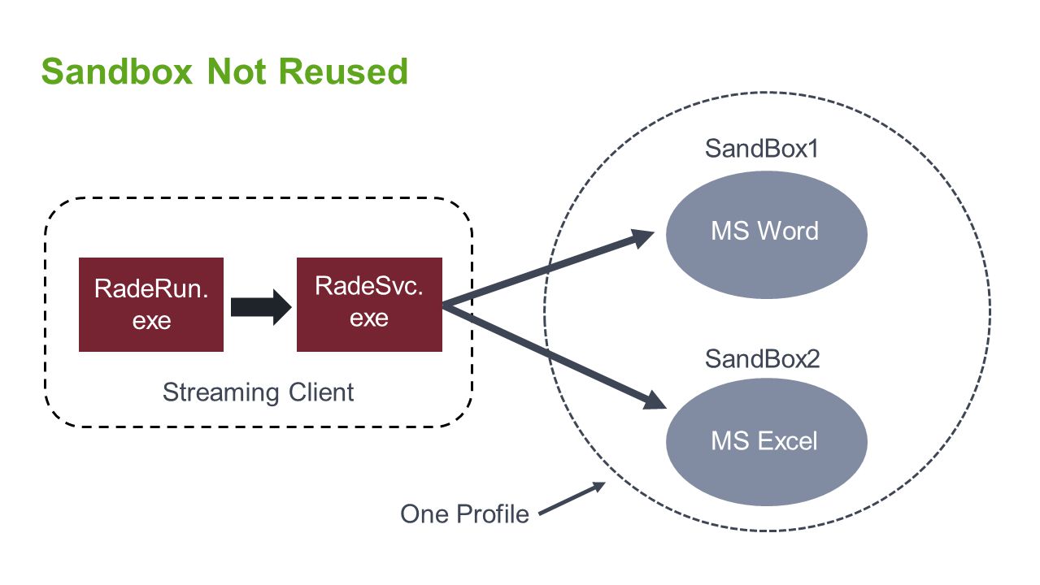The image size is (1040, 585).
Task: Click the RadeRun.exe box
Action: [x=151, y=305]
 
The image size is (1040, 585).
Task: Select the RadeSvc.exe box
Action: [x=369, y=305]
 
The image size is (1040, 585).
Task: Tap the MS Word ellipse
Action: [x=767, y=235]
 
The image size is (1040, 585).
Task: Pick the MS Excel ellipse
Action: [x=767, y=442]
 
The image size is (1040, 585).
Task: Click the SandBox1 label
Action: [x=761, y=149]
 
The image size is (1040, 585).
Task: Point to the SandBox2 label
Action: [x=763, y=359]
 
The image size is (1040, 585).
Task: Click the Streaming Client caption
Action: [x=258, y=393]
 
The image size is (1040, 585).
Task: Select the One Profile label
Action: [x=465, y=514]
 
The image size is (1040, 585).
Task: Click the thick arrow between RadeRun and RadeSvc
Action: [x=261, y=307]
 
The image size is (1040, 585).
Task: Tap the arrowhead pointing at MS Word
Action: [x=643, y=237]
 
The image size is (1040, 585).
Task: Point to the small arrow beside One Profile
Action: [x=572, y=498]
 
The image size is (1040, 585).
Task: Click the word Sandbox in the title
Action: [x=116, y=72]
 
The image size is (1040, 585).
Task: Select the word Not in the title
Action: [x=237, y=72]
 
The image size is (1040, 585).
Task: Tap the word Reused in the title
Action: [x=344, y=72]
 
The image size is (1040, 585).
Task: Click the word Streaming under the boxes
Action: [x=220, y=393]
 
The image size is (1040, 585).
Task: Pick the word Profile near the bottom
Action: [x=493, y=514]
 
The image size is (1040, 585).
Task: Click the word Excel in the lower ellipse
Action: [x=787, y=440]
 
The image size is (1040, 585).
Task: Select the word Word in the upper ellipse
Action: [x=788, y=231]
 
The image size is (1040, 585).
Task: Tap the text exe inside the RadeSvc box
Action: [x=369, y=318]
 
